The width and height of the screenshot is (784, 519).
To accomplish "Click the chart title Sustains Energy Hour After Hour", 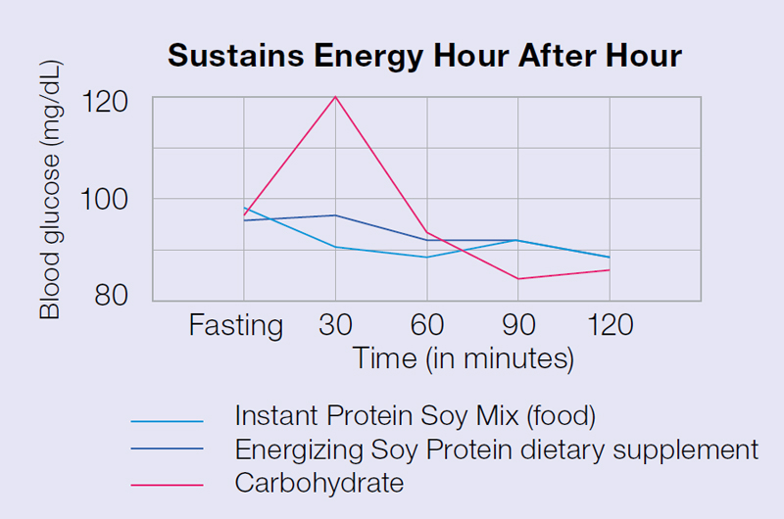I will pyautogui.click(x=424, y=56).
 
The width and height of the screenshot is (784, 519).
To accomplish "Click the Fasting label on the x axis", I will pyautogui.click(x=236, y=325).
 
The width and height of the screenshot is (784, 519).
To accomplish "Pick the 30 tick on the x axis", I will pyautogui.click(x=335, y=325).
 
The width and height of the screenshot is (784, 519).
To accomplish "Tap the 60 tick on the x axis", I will pyautogui.click(x=426, y=325).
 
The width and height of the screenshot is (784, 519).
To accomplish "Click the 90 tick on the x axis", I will pyautogui.click(x=517, y=325).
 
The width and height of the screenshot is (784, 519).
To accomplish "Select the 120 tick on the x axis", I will pyautogui.click(x=609, y=325).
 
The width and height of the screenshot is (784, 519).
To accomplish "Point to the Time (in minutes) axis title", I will pyautogui.click(x=463, y=358).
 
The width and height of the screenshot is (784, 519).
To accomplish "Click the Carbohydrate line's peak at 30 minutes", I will pyautogui.click(x=335, y=96).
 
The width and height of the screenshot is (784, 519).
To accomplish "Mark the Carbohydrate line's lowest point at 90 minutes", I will pyautogui.click(x=517, y=279).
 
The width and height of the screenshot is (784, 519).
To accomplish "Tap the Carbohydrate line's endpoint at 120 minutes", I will pyautogui.click(x=609, y=269).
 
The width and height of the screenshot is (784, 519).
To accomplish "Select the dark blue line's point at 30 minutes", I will pyautogui.click(x=335, y=215).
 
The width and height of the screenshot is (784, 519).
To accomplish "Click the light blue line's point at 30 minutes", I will pyautogui.click(x=335, y=247).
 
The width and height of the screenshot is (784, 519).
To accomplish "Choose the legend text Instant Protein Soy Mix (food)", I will pyautogui.click(x=415, y=416).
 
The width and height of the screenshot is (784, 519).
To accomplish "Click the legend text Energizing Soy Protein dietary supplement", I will pyautogui.click(x=496, y=449).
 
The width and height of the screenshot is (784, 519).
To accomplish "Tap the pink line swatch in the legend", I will pyautogui.click(x=167, y=485).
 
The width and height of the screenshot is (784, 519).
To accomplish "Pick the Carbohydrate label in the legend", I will pyautogui.click(x=319, y=483).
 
